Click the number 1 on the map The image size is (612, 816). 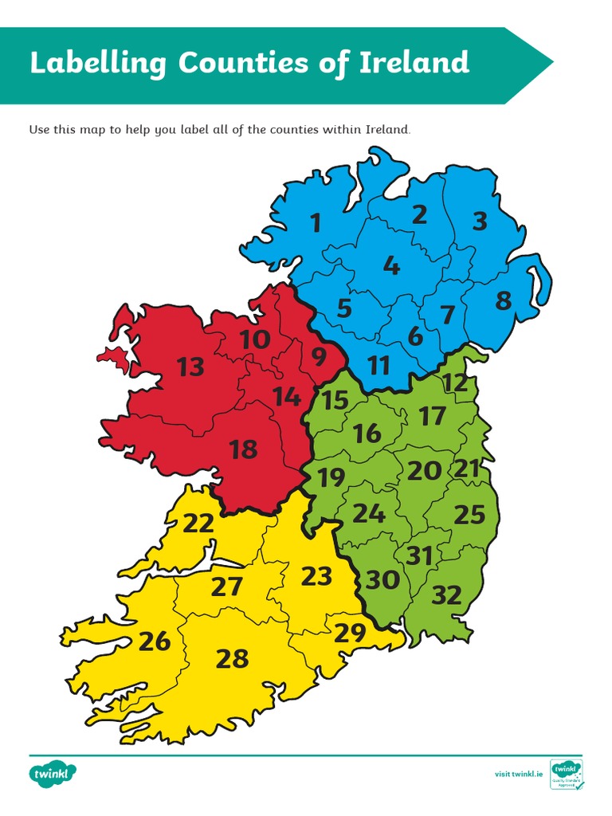316,223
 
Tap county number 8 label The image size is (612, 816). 503,301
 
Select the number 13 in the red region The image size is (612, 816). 190,367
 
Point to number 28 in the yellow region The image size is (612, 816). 232,659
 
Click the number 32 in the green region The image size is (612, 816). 446,594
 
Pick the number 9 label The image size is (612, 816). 319,358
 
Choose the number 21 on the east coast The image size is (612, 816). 469,469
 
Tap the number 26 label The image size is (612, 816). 155,641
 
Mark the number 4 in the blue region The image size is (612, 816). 390,265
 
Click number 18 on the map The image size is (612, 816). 243,450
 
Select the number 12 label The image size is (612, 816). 455,382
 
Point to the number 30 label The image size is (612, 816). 382,580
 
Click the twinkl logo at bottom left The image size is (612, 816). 53,773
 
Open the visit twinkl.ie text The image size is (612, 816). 519,774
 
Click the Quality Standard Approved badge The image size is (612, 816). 567,774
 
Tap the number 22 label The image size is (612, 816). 198,524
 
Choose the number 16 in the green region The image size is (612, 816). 367,433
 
